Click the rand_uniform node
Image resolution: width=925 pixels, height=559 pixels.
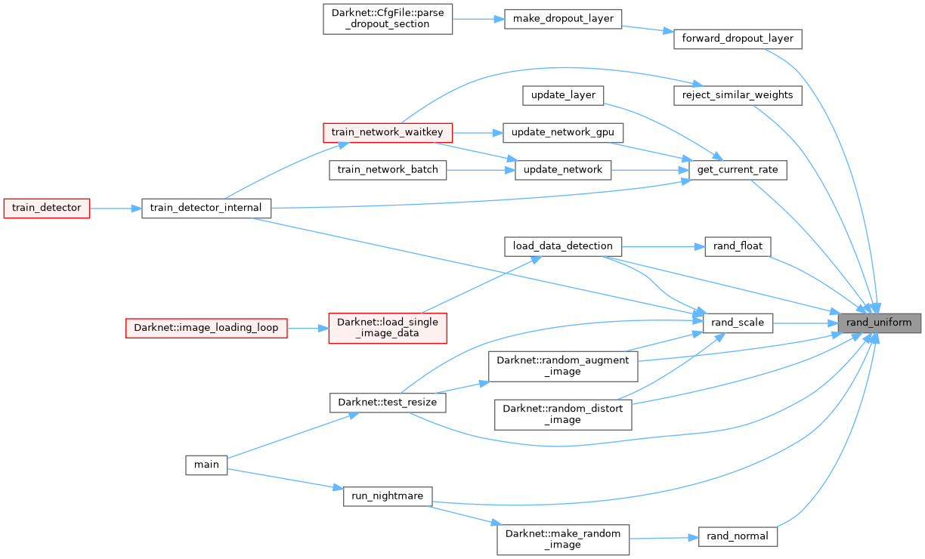[x=880, y=323]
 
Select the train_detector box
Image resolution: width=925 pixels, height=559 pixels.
[x=47, y=207]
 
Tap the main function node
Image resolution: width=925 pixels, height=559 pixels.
[x=206, y=465]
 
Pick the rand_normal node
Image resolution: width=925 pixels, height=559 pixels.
[x=738, y=536]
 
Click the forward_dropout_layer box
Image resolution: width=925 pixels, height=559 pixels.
[x=737, y=39]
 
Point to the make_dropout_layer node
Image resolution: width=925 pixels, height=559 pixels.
[x=563, y=18]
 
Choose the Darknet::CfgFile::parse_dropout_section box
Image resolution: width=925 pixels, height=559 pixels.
[x=388, y=18]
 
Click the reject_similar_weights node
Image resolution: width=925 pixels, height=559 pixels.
[x=737, y=95]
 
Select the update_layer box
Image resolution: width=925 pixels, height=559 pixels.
[x=563, y=95]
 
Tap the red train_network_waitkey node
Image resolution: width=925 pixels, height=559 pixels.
[x=388, y=133]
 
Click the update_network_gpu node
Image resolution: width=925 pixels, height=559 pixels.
[x=563, y=133]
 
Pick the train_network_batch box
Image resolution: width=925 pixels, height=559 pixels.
[x=388, y=170]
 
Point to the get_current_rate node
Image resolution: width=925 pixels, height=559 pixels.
[x=738, y=171]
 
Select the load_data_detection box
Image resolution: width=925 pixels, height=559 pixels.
[x=563, y=246]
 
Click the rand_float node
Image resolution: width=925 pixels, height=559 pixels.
[x=738, y=246]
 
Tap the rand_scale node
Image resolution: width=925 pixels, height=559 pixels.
[x=738, y=323]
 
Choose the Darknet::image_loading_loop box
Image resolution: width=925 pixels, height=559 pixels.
[x=206, y=328]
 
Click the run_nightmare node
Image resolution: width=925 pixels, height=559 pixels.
[x=388, y=496]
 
